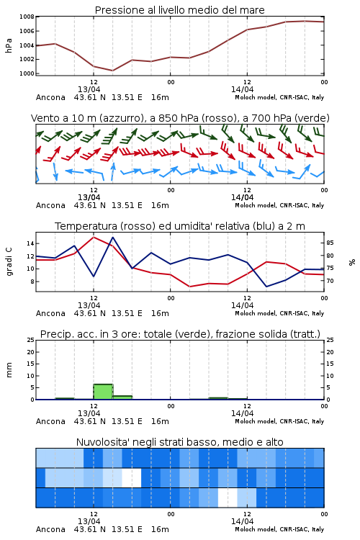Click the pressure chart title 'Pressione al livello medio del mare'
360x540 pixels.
tap(179, 10)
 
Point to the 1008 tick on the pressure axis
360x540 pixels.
tap(27, 17)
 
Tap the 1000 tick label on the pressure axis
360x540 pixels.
tap(27, 73)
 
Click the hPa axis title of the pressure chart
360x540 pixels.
tap(9, 45)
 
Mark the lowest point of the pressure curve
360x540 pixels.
tap(112, 71)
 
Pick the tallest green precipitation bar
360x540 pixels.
tap(103, 392)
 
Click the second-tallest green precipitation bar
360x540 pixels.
tap(122, 397)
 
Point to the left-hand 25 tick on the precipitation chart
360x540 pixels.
tap(31, 340)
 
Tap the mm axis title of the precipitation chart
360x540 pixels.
tap(9, 370)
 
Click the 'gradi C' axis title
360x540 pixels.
tap(9, 261)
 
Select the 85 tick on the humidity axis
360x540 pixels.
tap(330, 243)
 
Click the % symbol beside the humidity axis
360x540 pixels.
tap(352, 262)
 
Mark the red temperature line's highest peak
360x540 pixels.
tap(94, 237)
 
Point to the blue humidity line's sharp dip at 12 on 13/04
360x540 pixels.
tap(94, 276)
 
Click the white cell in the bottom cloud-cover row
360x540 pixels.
tap(228, 498)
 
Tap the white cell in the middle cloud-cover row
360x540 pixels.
tap(132, 477)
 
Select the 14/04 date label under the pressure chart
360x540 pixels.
tap(242, 89)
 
